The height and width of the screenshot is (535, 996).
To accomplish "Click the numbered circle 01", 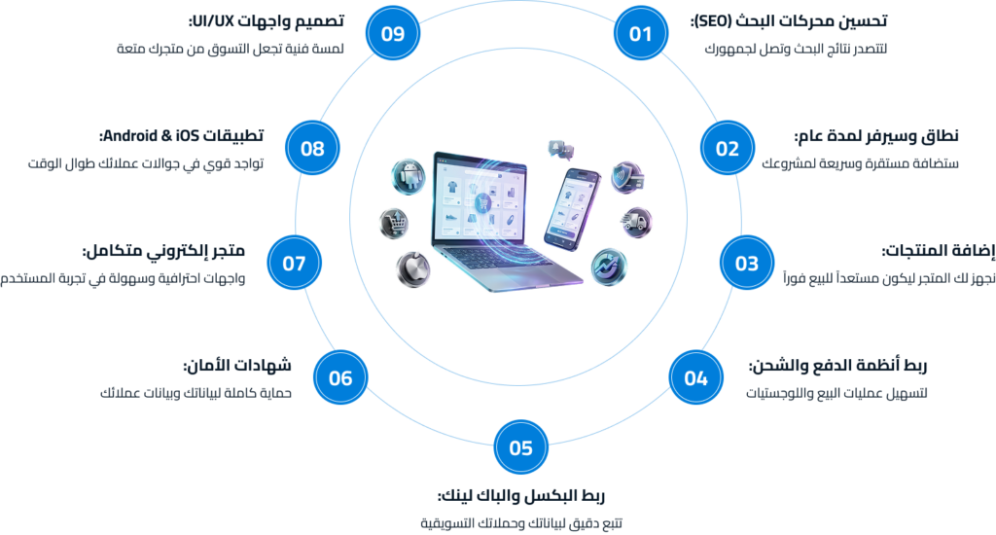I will click(x=640, y=34).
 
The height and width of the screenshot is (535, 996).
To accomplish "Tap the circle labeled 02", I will click(x=728, y=149).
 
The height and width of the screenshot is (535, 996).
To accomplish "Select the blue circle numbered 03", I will click(x=746, y=263).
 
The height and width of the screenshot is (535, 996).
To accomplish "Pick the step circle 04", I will click(x=695, y=377).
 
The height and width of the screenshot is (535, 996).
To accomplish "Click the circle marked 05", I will click(x=520, y=447).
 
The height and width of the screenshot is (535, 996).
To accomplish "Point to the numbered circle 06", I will click(x=340, y=377).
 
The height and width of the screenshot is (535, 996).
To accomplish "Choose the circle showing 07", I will click(x=294, y=263).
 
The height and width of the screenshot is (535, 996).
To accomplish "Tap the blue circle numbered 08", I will click(x=312, y=149).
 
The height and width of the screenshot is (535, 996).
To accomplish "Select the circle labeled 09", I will click(x=392, y=34).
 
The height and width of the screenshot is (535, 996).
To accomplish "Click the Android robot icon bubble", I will click(x=406, y=175).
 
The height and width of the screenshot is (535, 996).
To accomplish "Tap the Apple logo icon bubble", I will click(x=412, y=267).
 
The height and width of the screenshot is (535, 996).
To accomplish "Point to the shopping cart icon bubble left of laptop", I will click(x=394, y=224).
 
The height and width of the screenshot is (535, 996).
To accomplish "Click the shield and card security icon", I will click(x=625, y=177).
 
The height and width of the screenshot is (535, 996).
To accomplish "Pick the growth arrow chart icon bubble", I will click(x=608, y=265).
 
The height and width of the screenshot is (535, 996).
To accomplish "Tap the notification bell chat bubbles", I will click(x=559, y=149).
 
